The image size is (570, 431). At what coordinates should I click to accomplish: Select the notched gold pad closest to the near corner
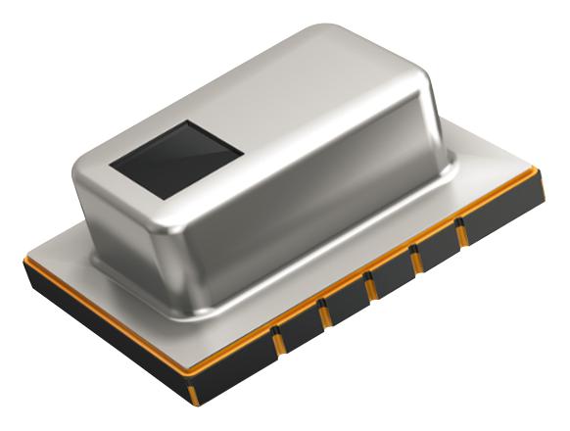pos(277,339)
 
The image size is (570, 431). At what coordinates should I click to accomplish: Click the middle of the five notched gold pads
pos(370,286)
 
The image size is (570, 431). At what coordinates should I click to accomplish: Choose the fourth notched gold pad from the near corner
pos(416,260)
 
